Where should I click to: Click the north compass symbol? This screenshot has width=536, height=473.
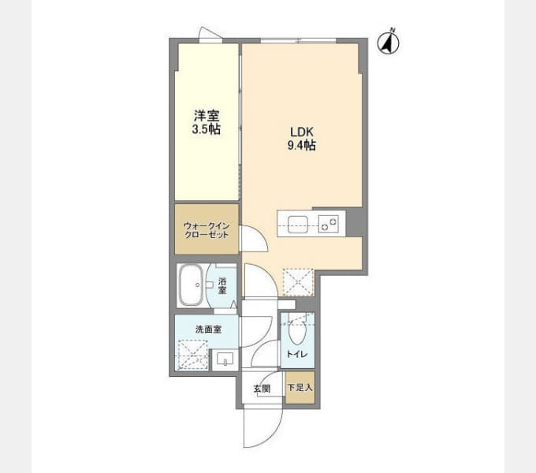(388, 43)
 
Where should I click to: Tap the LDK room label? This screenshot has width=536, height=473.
(302, 132)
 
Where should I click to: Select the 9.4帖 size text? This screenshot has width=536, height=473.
(301, 146)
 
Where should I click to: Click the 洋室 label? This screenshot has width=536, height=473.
(207, 116)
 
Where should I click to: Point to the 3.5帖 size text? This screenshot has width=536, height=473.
(207, 129)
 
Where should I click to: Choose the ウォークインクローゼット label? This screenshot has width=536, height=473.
(207, 230)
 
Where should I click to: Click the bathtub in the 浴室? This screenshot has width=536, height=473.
(191, 285)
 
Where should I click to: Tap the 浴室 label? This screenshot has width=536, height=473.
(222, 285)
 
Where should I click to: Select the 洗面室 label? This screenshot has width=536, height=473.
(208, 330)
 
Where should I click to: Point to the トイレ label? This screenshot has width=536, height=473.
(297, 354)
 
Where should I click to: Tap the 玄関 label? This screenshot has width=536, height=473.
(262, 389)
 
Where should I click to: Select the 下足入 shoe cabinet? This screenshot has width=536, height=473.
(300, 387)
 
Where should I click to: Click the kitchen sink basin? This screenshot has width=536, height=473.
(297, 225)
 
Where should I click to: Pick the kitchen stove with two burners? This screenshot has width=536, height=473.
(329, 224)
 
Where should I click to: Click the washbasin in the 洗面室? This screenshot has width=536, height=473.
(225, 359)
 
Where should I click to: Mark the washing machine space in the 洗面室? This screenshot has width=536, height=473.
(192, 355)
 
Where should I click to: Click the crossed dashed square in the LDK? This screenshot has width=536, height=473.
(298, 282)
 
